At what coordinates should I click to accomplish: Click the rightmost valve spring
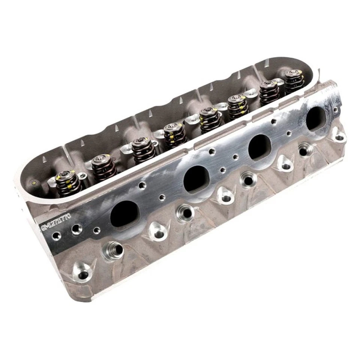[x=294, y=82]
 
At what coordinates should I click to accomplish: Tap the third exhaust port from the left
[x=259, y=147]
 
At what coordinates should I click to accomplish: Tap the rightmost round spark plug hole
[x=304, y=151]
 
